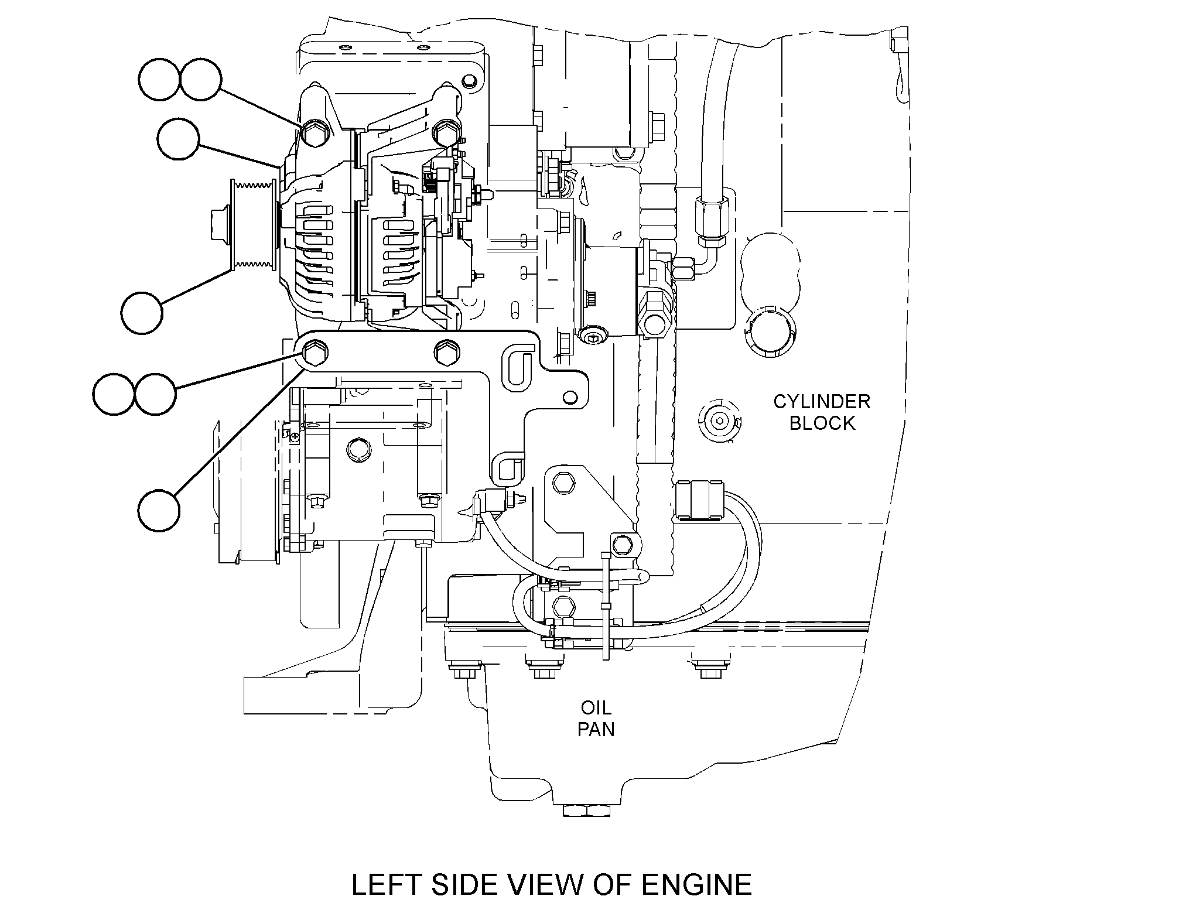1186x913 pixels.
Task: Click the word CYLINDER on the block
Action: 822,402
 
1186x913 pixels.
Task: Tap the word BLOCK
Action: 822,423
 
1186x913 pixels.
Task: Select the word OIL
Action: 596,707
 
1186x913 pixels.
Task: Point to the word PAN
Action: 596,729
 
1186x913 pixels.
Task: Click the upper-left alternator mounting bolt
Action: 313,134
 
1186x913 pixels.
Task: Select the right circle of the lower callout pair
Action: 155,394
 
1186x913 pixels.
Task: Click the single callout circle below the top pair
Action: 178,138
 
